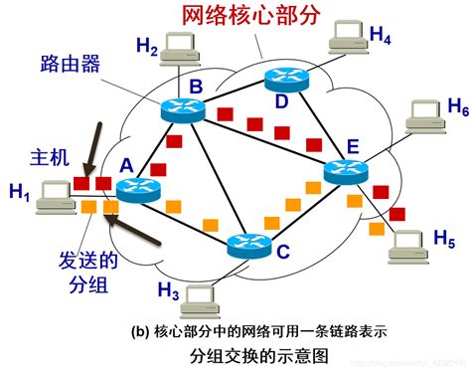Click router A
(138, 189)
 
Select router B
(184, 112)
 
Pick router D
(286, 81)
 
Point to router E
(347, 170)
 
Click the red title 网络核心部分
(250, 16)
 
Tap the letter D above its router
(281, 101)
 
